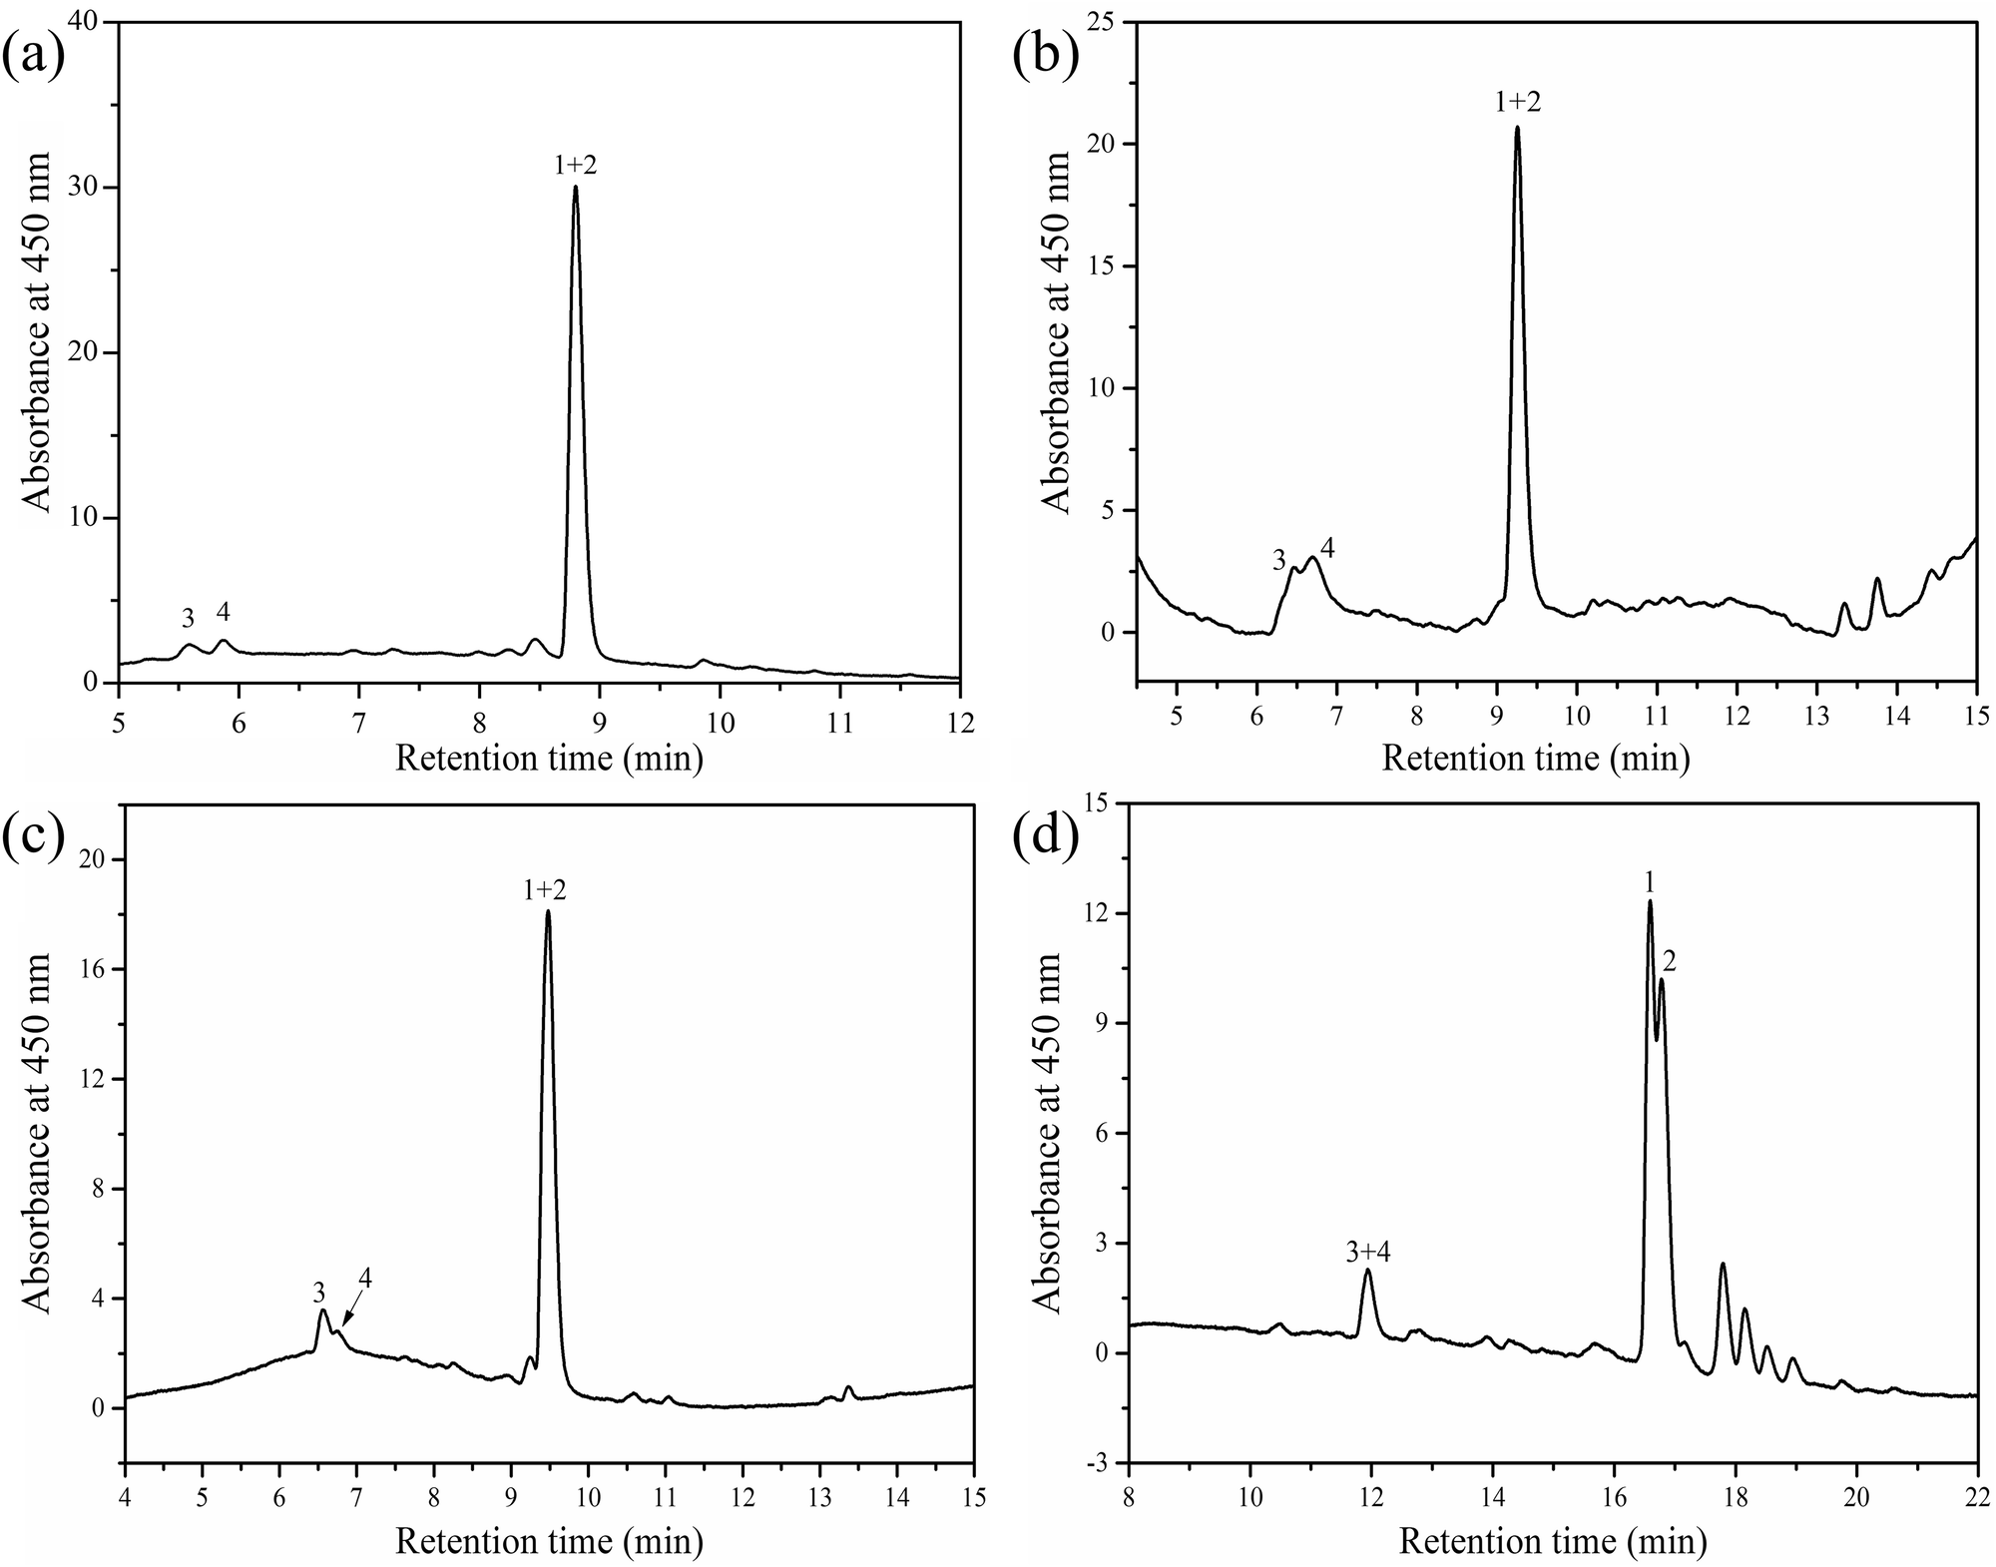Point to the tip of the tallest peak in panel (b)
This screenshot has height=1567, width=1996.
[x=1517, y=128]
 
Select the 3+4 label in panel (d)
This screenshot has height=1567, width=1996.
[x=1368, y=1253]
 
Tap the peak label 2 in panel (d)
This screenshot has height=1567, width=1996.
[x=1669, y=961]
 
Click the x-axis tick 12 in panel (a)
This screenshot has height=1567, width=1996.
[x=959, y=719]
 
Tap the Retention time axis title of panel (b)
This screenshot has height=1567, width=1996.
[x=1535, y=760]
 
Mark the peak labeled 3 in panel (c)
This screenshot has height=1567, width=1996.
[x=323, y=1312]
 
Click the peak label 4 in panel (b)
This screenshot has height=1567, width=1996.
[x=1327, y=547]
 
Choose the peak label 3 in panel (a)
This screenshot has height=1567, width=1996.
[x=188, y=619]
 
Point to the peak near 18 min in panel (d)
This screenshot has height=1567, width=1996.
[x=1723, y=1265]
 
